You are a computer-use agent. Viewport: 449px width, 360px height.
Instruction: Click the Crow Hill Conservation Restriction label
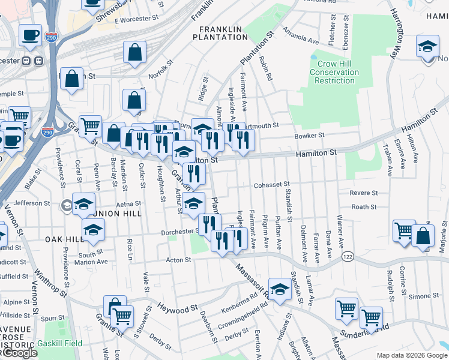pos(334,72)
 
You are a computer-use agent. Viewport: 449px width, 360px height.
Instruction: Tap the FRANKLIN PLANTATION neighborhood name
pos(220,33)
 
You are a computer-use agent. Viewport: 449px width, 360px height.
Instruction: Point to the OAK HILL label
pos(64,239)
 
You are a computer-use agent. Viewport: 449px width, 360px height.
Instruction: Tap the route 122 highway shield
pos(347,256)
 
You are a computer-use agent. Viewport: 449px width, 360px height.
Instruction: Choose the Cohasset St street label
pos(271,184)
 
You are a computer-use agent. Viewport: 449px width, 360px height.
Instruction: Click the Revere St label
pos(364,193)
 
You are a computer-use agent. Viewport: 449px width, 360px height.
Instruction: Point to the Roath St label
pos(364,207)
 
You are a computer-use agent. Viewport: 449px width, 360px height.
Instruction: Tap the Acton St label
pos(178,260)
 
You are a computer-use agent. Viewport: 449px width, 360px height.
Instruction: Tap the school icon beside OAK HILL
pos(93,230)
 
